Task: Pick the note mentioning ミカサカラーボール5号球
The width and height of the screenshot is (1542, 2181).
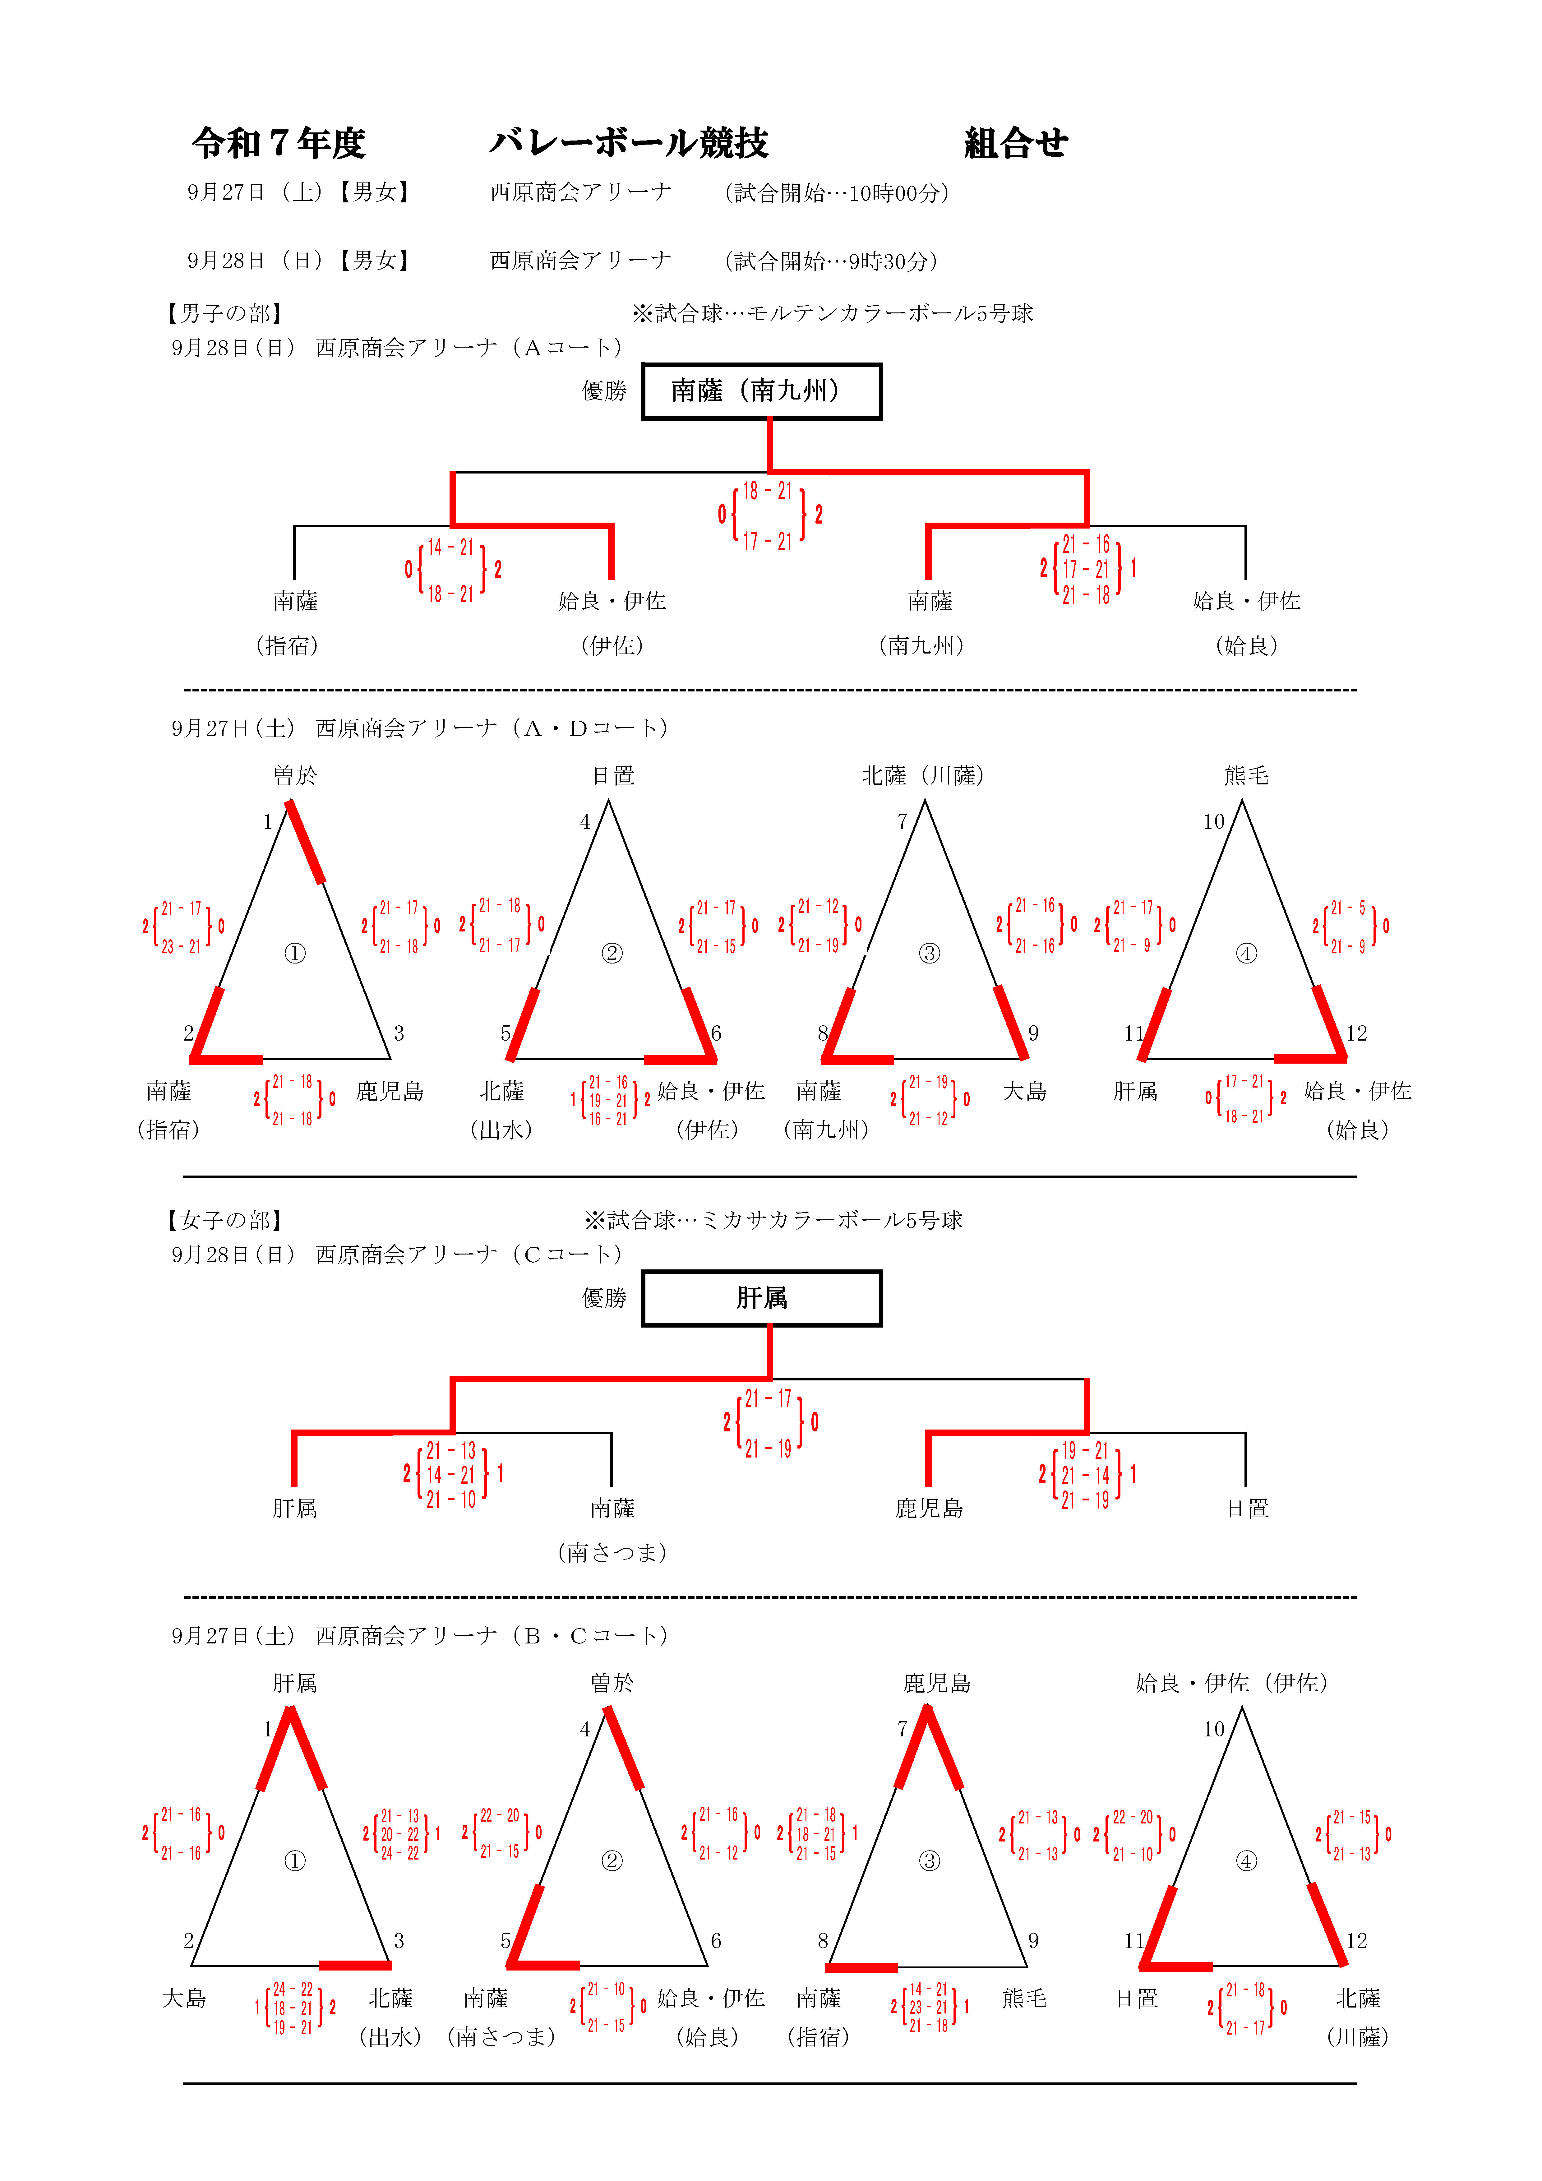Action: click(773, 1221)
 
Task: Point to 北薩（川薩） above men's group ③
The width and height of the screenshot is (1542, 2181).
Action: click(923, 776)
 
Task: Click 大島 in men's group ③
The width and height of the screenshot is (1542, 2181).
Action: click(1024, 1092)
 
